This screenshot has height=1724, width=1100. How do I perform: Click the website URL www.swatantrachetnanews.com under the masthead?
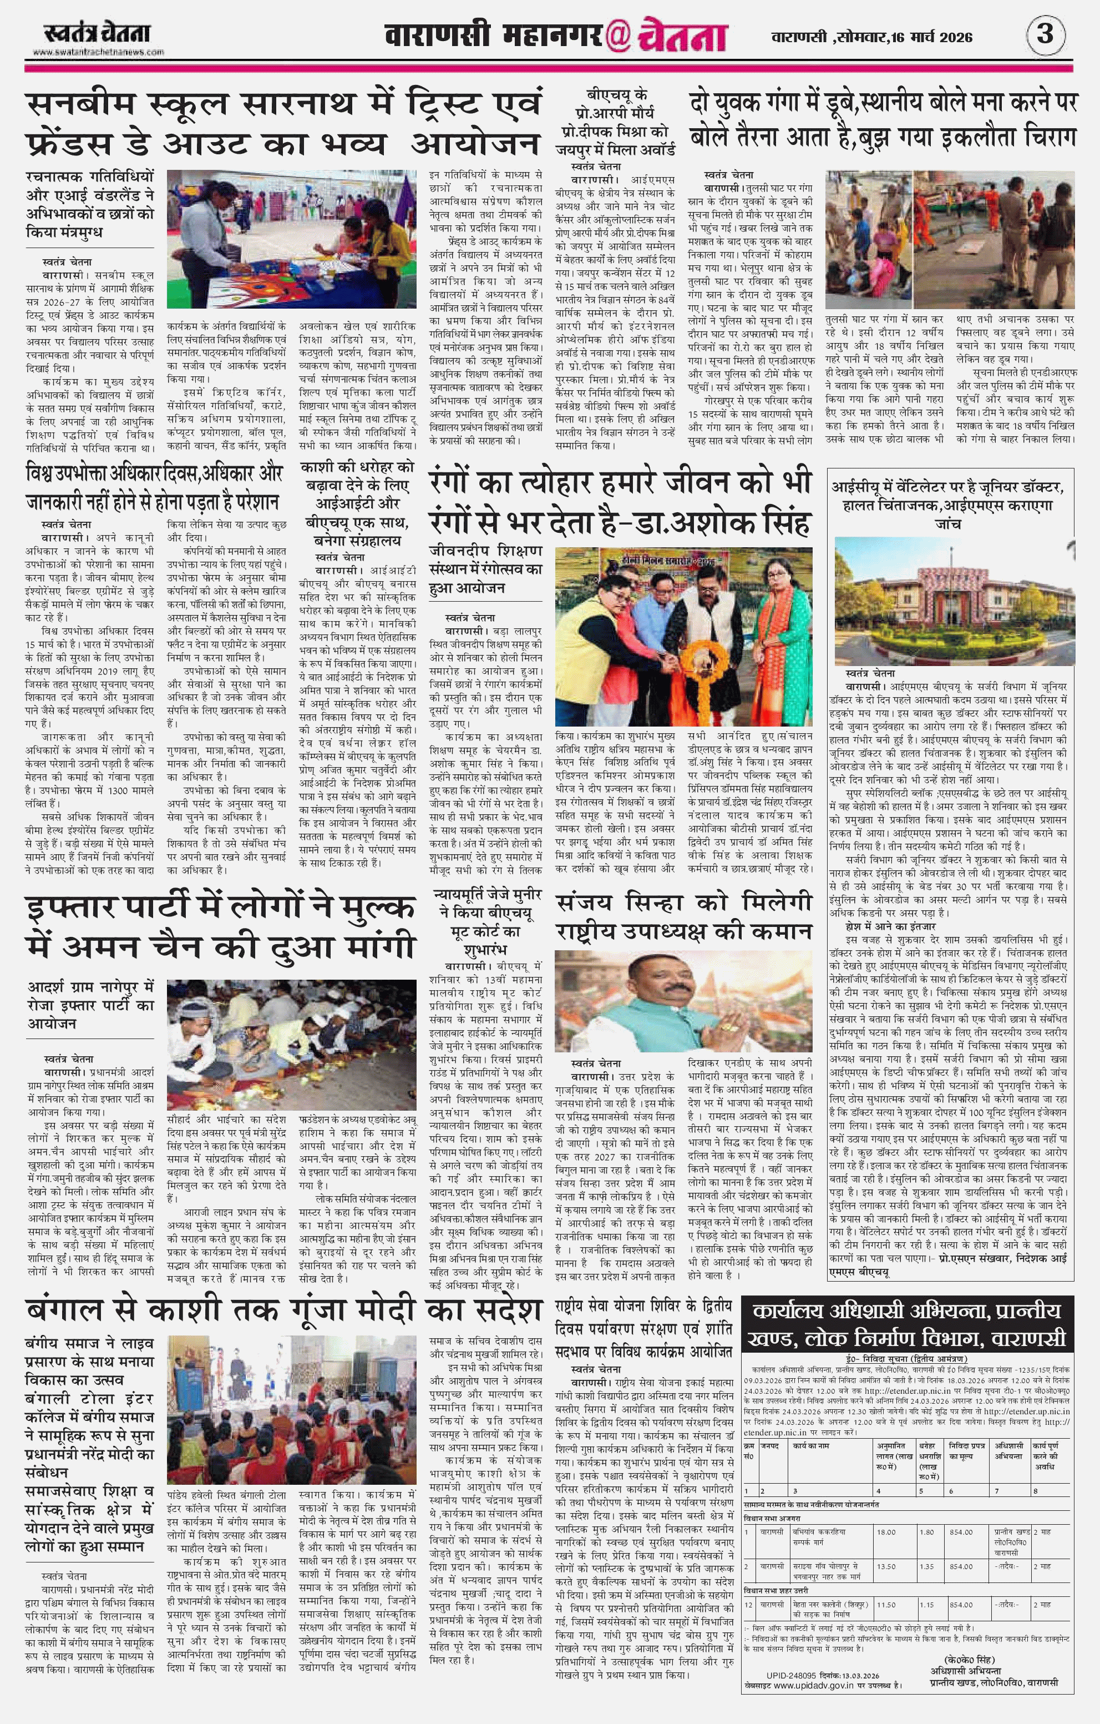[x=98, y=52]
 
